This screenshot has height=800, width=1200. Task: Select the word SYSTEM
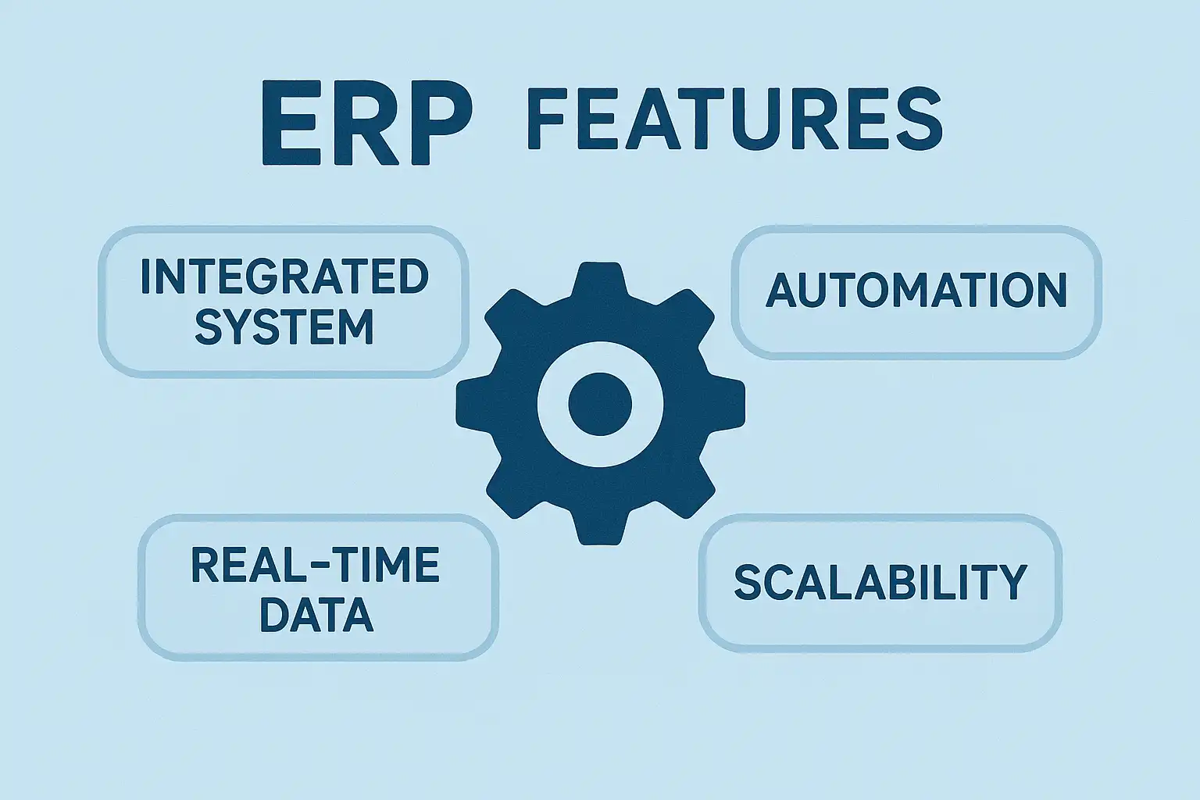pyautogui.click(x=284, y=326)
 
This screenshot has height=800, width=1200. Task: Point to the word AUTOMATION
pyautogui.click(x=916, y=291)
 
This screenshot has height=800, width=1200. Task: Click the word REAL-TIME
pyautogui.click(x=316, y=565)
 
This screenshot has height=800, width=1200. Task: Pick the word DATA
pyautogui.click(x=316, y=614)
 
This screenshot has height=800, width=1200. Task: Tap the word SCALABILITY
pyautogui.click(x=880, y=582)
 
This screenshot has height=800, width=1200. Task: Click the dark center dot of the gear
pyautogui.click(x=600, y=404)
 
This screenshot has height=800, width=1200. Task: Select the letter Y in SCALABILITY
pyautogui.click(x=1011, y=582)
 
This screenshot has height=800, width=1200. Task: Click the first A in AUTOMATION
pyautogui.click(x=782, y=291)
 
